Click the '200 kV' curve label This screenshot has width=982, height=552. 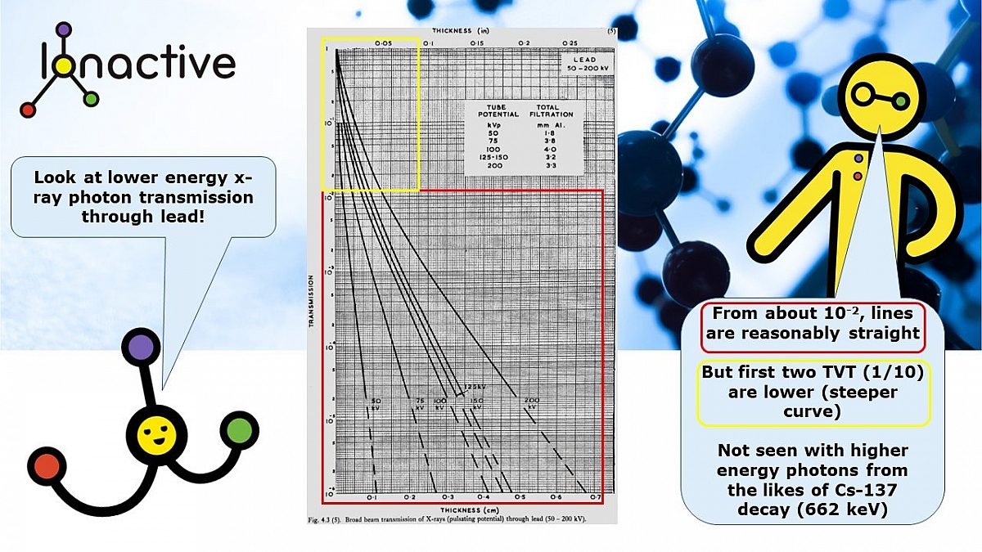point(533,402)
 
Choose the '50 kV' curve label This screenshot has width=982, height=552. point(375,402)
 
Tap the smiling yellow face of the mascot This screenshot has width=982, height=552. point(153,430)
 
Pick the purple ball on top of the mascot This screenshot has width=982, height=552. point(142,347)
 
